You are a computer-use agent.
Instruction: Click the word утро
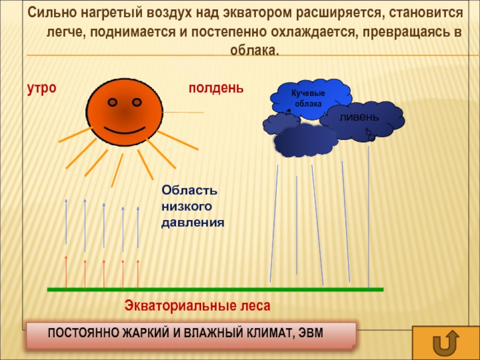coord(41,89)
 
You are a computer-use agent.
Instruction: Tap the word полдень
coord(216,88)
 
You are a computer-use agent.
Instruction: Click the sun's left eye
coord(113,102)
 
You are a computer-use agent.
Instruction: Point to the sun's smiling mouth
coord(124,130)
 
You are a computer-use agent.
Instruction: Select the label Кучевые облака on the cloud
coord(308,98)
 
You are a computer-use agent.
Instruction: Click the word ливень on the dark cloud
coord(359,117)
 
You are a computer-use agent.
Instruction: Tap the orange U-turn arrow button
coord(446,343)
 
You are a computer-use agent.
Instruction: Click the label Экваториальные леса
coord(197,306)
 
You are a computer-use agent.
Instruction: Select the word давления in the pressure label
coord(193,223)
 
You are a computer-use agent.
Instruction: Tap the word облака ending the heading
coord(254,50)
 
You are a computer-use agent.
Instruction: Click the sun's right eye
coord(137,102)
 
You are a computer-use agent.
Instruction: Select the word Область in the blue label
coord(190,190)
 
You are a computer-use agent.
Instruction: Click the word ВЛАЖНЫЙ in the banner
coord(214,333)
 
